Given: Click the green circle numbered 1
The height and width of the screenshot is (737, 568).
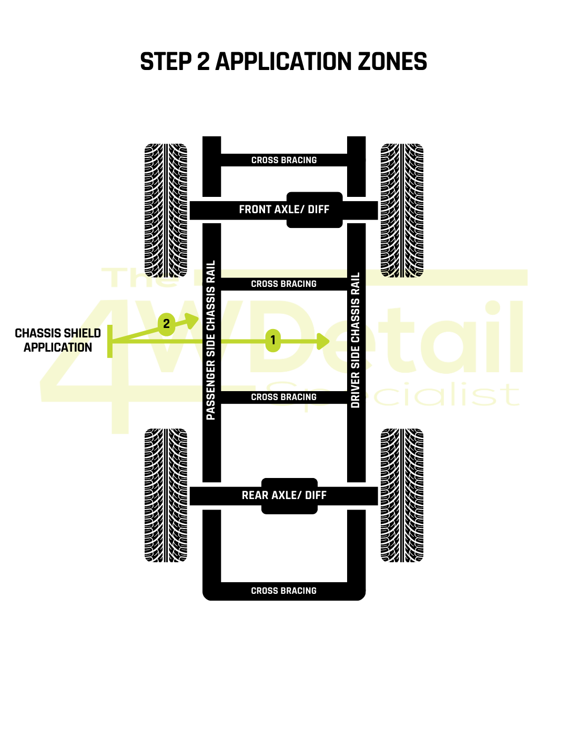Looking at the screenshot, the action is (272, 340).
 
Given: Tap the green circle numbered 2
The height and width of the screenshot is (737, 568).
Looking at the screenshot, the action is (166, 324).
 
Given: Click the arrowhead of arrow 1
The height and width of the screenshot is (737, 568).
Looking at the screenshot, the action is (323, 341).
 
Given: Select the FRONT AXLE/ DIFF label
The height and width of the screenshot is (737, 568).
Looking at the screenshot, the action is (284, 210).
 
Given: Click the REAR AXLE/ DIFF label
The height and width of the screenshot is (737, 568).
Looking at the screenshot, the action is (284, 495).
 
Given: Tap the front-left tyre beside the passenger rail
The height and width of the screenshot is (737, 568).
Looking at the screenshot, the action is (166, 210).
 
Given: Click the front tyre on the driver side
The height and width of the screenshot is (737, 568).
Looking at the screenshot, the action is (402, 210).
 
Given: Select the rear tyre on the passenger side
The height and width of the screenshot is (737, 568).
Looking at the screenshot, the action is (166, 495).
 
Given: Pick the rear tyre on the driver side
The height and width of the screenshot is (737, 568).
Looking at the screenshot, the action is (402, 495).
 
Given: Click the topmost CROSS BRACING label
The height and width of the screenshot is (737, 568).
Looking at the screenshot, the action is (284, 160).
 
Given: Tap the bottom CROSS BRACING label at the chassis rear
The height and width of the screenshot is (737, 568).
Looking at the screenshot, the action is (284, 591).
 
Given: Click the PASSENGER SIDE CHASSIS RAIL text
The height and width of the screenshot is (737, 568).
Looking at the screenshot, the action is (211, 340).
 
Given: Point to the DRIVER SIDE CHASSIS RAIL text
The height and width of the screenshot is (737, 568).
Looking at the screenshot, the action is (356, 340).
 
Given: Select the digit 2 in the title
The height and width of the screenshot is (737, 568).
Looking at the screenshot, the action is (203, 62).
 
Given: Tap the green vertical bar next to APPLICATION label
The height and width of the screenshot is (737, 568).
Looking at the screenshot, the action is (110, 341).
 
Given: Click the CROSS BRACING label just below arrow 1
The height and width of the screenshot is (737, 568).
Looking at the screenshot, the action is (284, 397).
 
